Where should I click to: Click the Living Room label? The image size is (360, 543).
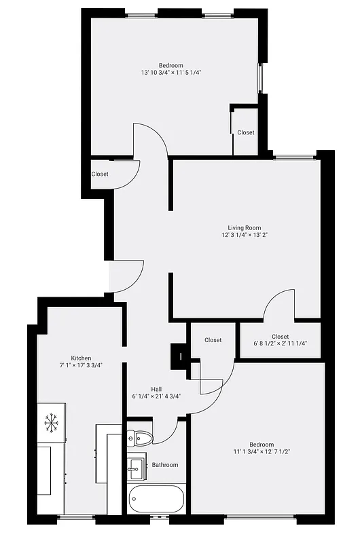click(244, 228)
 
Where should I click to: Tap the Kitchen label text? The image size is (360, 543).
click(81, 358)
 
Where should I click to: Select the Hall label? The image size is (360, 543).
click(156, 389)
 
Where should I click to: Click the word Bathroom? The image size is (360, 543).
click(165, 465)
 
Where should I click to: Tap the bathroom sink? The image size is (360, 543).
click(135, 466)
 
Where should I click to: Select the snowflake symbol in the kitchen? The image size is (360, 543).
click(51, 423)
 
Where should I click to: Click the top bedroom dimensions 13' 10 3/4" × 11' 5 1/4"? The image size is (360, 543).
click(171, 73)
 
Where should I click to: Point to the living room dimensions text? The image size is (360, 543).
click(244, 236)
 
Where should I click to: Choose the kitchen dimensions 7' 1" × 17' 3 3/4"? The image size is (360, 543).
click(81, 366)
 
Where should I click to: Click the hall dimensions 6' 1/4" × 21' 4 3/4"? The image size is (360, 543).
click(156, 396)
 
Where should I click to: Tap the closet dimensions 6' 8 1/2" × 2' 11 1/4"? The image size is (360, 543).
click(280, 344)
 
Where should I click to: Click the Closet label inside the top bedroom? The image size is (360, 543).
click(246, 132)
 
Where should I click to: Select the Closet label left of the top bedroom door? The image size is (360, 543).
click(100, 174)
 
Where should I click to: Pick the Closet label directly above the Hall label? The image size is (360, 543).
click(213, 340)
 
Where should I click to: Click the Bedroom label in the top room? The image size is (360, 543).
click(171, 65)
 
